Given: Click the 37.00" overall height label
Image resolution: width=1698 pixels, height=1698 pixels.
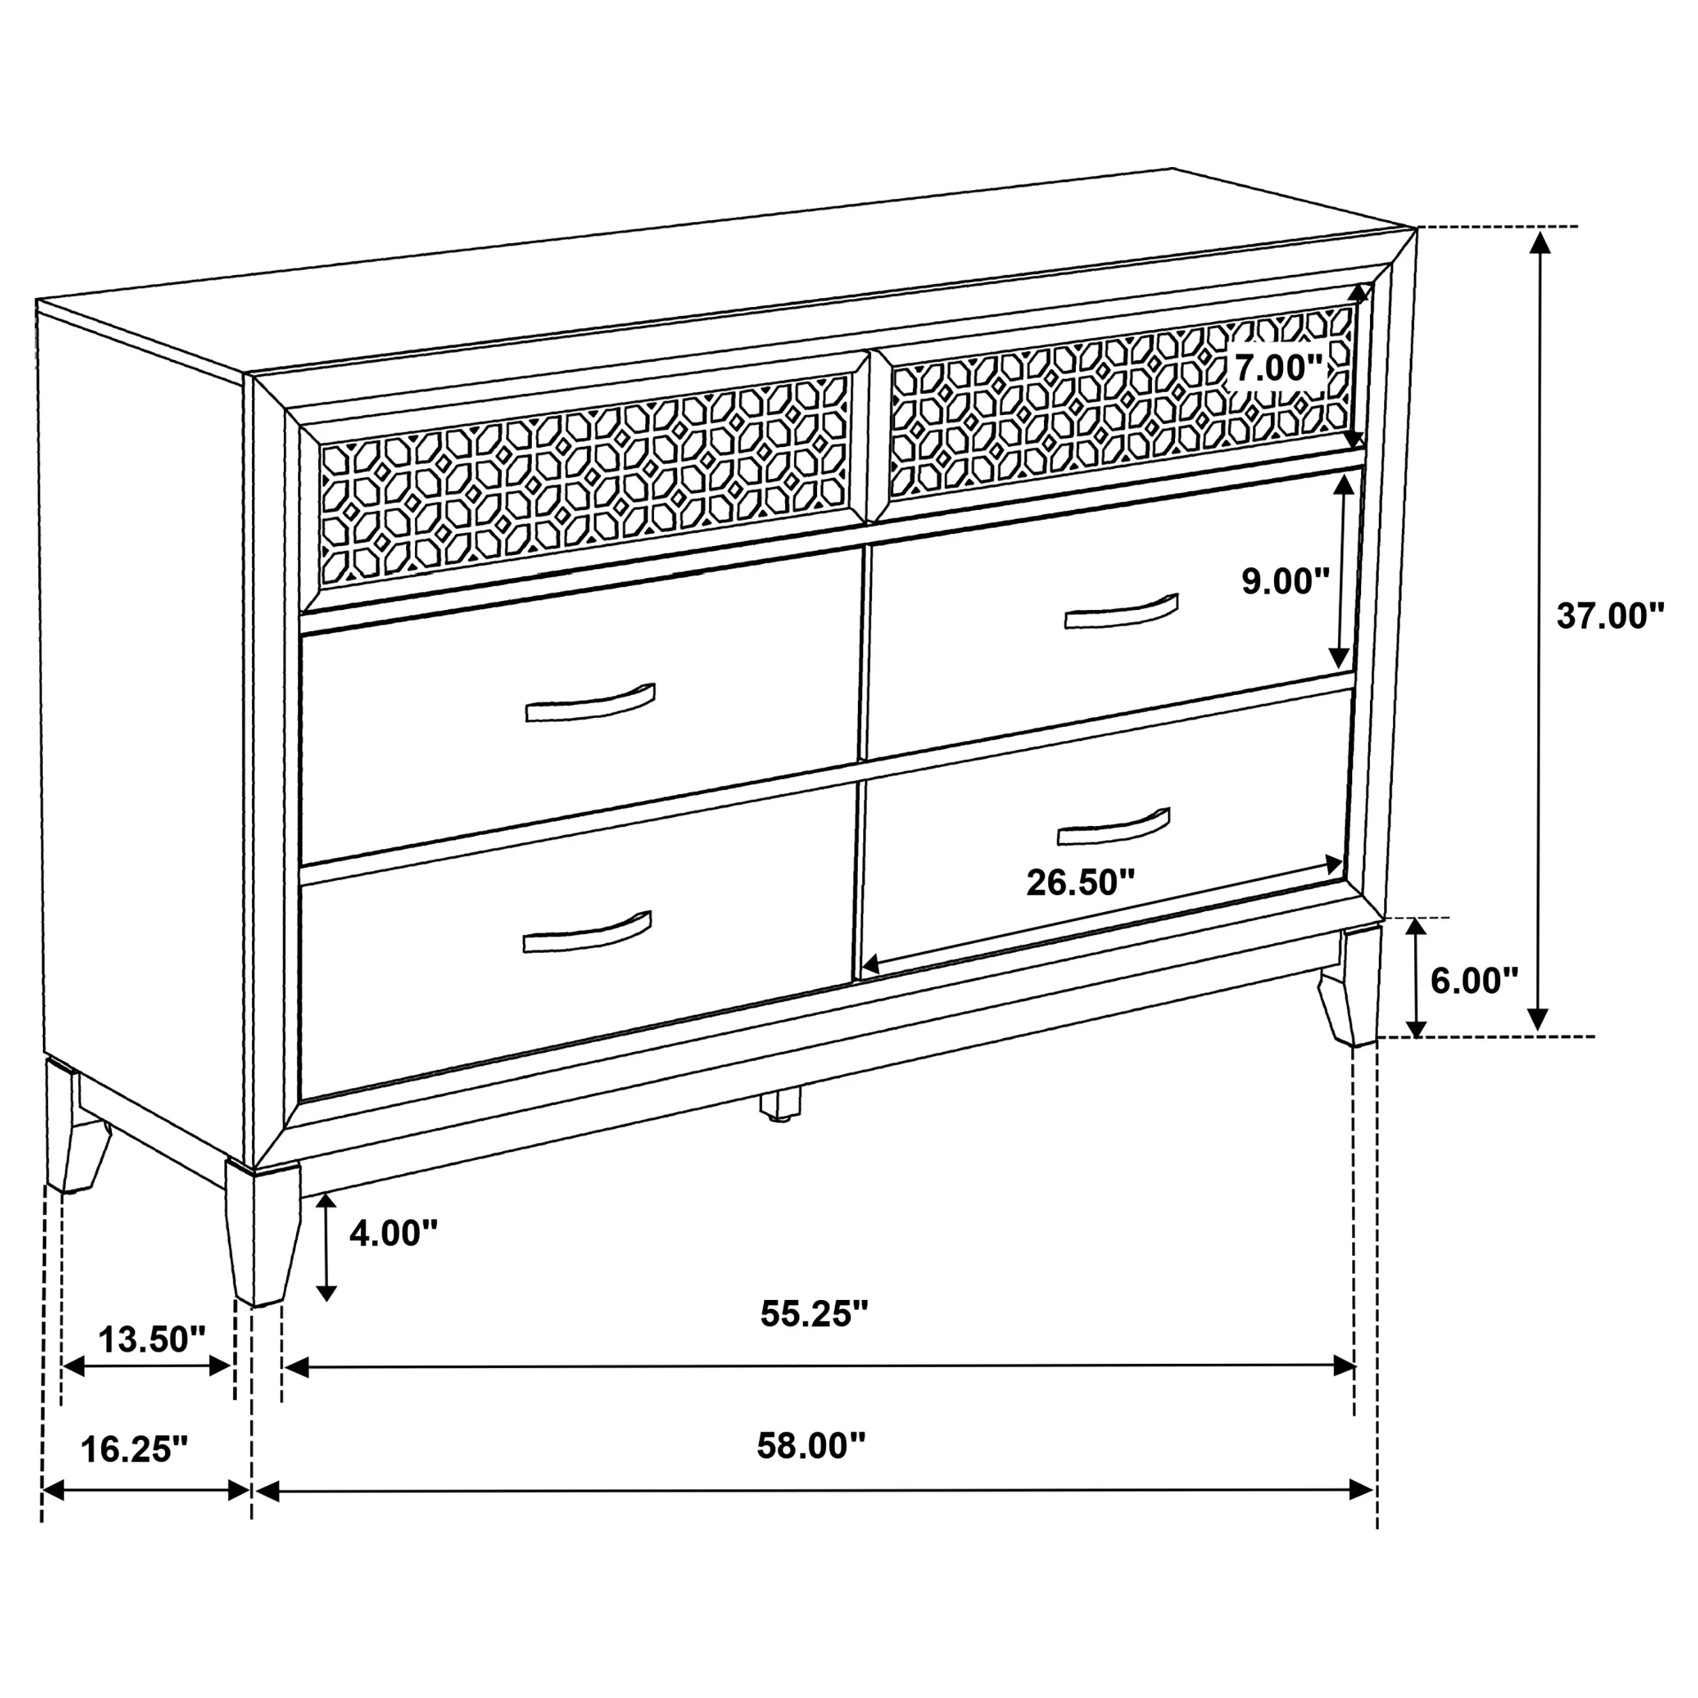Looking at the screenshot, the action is [1610, 616].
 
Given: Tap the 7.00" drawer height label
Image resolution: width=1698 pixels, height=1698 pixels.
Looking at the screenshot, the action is [1279, 367].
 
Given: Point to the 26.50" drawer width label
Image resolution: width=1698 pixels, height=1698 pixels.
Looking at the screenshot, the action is [1080, 882].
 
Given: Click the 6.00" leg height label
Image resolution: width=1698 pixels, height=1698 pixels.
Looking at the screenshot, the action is [1474, 980].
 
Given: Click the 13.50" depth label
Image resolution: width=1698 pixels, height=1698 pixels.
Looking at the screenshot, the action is [151, 1339].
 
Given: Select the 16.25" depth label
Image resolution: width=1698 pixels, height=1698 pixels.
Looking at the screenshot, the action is [134, 1449].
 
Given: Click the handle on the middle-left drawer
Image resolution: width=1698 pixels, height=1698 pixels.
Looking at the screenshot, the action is [590, 703].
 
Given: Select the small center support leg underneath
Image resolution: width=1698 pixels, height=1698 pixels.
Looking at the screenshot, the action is [780, 1104].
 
